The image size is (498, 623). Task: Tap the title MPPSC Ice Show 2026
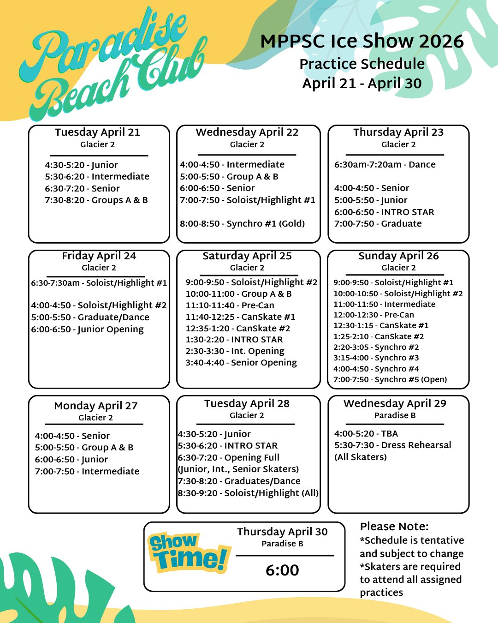click(362, 42)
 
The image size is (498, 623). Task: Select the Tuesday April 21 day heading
click(97, 132)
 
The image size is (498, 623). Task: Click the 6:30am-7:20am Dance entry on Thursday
click(385, 165)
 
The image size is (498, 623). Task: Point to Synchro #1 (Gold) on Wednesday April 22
click(242, 224)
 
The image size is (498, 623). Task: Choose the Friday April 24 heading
click(99, 256)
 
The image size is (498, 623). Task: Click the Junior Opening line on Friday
click(87, 329)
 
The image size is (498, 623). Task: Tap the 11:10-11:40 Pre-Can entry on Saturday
click(230, 306)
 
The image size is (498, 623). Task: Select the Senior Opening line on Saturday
click(241, 363)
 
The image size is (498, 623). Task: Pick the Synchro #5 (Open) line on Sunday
click(390, 380)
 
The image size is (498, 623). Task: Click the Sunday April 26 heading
click(398, 256)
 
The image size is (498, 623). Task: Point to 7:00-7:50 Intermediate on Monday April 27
click(87, 472)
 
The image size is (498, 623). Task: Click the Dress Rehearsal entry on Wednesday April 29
click(392, 445)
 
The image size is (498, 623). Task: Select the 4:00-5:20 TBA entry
click(366, 434)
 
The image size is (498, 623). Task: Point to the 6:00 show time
click(282, 570)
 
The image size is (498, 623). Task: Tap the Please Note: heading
click(394, 527)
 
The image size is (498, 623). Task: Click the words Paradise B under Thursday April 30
click(282, 544)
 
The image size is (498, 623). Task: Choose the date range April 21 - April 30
click(362, 84)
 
